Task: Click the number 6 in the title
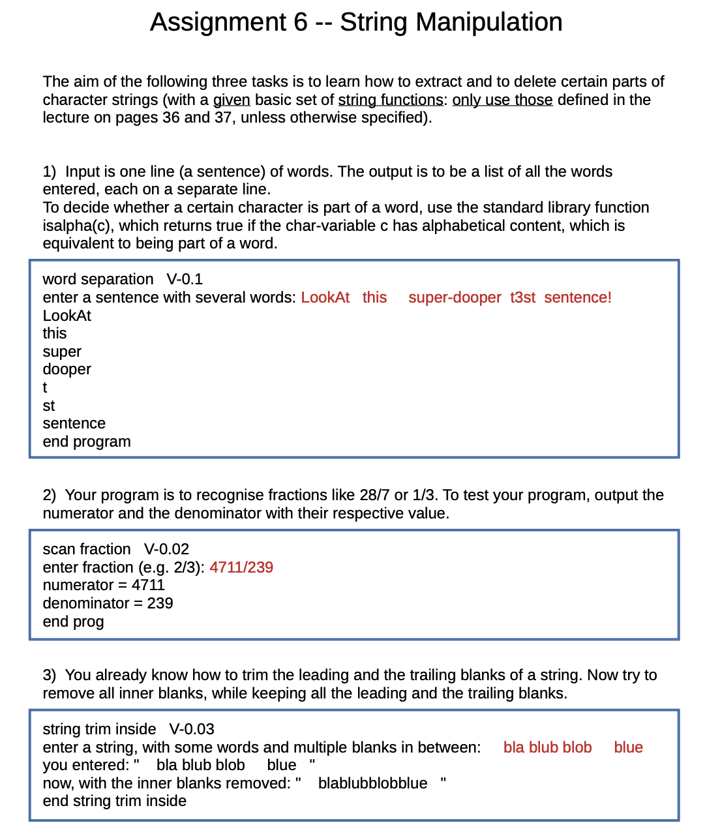[300, 22]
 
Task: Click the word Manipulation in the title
[489, 22]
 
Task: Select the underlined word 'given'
[232, 100]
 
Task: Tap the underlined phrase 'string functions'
[390, 100]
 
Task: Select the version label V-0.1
[185, 279]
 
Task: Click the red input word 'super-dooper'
[455, 297]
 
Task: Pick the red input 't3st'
[522, 297]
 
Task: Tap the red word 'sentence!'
[577, 297]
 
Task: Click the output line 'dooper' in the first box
[67, 369]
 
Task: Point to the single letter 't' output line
[45, 387]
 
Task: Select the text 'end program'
[87, 441]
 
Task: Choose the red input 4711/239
[241, 567]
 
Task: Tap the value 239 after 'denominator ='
[160, 603]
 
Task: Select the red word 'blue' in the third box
[628, 747]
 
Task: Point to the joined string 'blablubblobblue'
[372, 783]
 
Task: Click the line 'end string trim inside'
[114, 801]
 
